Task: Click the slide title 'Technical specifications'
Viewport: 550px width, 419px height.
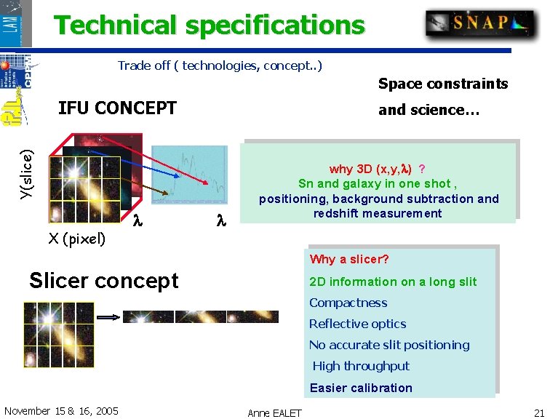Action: click(x=210, y=25)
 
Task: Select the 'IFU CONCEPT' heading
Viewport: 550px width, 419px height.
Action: click(x=117, y=108)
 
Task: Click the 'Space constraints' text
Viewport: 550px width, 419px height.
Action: click(x=442, y=84)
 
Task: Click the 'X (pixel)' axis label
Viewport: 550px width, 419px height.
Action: click(x=76, y=239)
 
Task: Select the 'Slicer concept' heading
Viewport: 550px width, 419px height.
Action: click(x=103, y=281)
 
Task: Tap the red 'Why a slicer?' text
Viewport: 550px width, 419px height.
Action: click(x=349, y=260)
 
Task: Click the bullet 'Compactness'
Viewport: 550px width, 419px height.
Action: click(x=348, y=303)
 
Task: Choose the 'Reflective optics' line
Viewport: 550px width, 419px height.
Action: click(x=357, y=324)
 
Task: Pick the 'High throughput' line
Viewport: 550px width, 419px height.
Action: click(x=361, y=367)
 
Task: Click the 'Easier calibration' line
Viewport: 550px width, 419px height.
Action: click(x=361, y=388)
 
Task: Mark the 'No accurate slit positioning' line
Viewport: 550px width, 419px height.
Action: click(x=389, y=346)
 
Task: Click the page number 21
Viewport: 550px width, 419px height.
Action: click(x=538, y=412)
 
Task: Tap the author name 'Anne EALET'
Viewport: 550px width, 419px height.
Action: click(x=274, y=413)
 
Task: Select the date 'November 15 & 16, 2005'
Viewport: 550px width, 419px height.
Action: click(x=61, y=411)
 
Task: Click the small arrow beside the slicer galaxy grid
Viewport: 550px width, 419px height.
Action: click(x=108, y=318)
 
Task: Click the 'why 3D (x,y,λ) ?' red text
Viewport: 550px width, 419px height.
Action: click(x=378, y=169)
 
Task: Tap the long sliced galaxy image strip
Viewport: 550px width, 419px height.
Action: click(x=200, y=317)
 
